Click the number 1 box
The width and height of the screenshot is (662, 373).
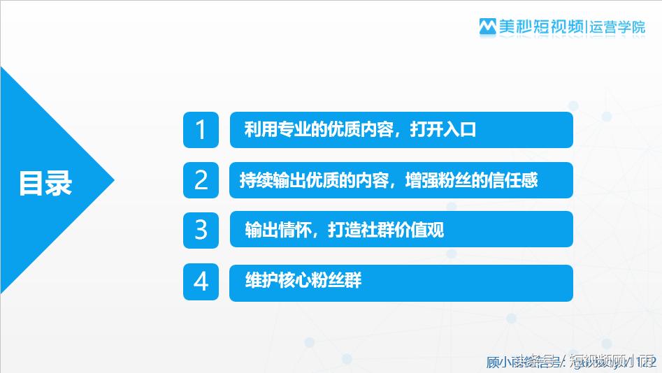tap(201, 130)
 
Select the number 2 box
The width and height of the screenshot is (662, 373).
tap(201, 180)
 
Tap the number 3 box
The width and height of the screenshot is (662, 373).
tap(201, 229)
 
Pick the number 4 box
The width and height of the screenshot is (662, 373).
tap(201, 282)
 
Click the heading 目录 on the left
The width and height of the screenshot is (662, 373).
tap(45, 184)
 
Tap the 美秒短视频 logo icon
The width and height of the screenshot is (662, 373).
tap(487, 27)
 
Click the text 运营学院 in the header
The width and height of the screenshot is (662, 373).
tap(617, 27)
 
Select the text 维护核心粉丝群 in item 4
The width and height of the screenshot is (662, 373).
tap(303, 281)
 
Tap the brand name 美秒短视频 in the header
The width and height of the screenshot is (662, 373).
tap(540, 27)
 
